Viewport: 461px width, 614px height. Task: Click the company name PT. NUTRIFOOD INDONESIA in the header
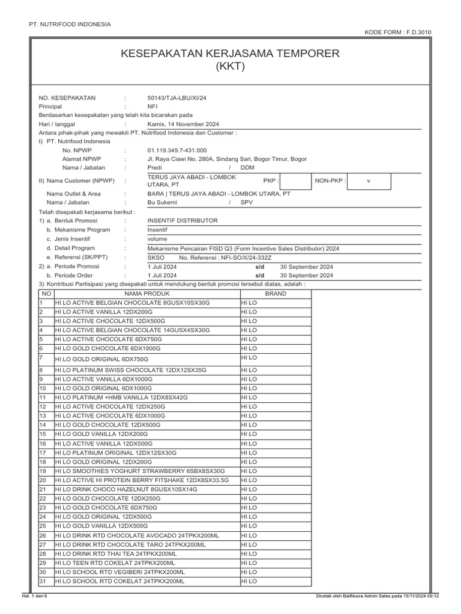70,24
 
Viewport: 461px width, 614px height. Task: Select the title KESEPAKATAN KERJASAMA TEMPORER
230,54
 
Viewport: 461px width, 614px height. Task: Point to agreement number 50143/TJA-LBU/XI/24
177,97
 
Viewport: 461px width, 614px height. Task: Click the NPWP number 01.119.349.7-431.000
177,151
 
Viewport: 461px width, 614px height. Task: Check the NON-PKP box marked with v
370,180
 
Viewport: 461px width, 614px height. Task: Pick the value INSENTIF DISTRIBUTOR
182,221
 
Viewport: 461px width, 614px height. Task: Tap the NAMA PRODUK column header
147,294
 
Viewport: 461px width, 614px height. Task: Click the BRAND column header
276,294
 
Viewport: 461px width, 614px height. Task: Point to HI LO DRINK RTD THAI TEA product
116,554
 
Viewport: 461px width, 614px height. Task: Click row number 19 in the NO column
43,471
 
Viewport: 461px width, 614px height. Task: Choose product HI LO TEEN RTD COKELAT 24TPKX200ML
115,563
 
